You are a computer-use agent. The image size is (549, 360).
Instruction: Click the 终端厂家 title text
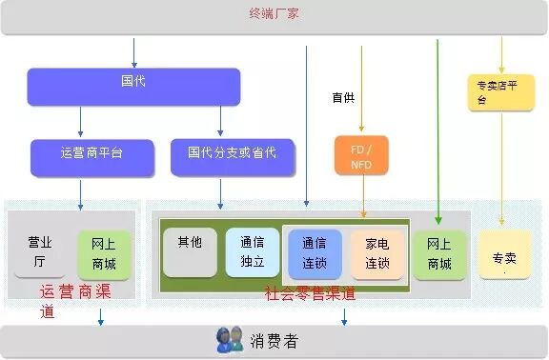click(274, 13)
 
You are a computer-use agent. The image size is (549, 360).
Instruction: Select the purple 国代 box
click(133, 87)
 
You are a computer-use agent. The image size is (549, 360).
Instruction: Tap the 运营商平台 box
click(92, 158)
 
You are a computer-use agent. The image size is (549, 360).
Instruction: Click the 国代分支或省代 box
click(233, 157)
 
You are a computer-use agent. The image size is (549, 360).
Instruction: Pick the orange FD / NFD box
click(361, 155)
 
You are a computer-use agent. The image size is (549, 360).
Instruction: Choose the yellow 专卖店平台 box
click(501, 92)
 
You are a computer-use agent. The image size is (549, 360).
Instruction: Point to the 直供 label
click(343, 97)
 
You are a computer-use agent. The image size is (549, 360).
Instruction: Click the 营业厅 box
click(40, 253)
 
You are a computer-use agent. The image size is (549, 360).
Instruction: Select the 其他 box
click(190, 252)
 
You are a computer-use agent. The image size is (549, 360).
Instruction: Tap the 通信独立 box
click(253, 252)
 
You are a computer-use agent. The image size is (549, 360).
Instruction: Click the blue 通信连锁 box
click(315, 254)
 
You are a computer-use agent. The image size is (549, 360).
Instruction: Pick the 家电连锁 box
click(377, 254)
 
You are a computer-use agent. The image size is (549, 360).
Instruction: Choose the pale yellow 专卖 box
click(504, 254)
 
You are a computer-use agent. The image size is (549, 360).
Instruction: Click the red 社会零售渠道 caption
click(310, 293)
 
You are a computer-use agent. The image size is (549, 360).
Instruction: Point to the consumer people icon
click(230, 339)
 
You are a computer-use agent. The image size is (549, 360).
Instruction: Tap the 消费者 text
click(274, 341)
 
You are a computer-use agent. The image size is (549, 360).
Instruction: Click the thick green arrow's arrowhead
click(438, 220)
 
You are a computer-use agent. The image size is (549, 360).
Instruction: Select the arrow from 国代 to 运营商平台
click(80, 121)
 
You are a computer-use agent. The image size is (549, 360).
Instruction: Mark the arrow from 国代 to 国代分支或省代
click(220, 121)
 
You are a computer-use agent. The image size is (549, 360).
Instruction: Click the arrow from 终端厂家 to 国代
click(133, 52)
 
